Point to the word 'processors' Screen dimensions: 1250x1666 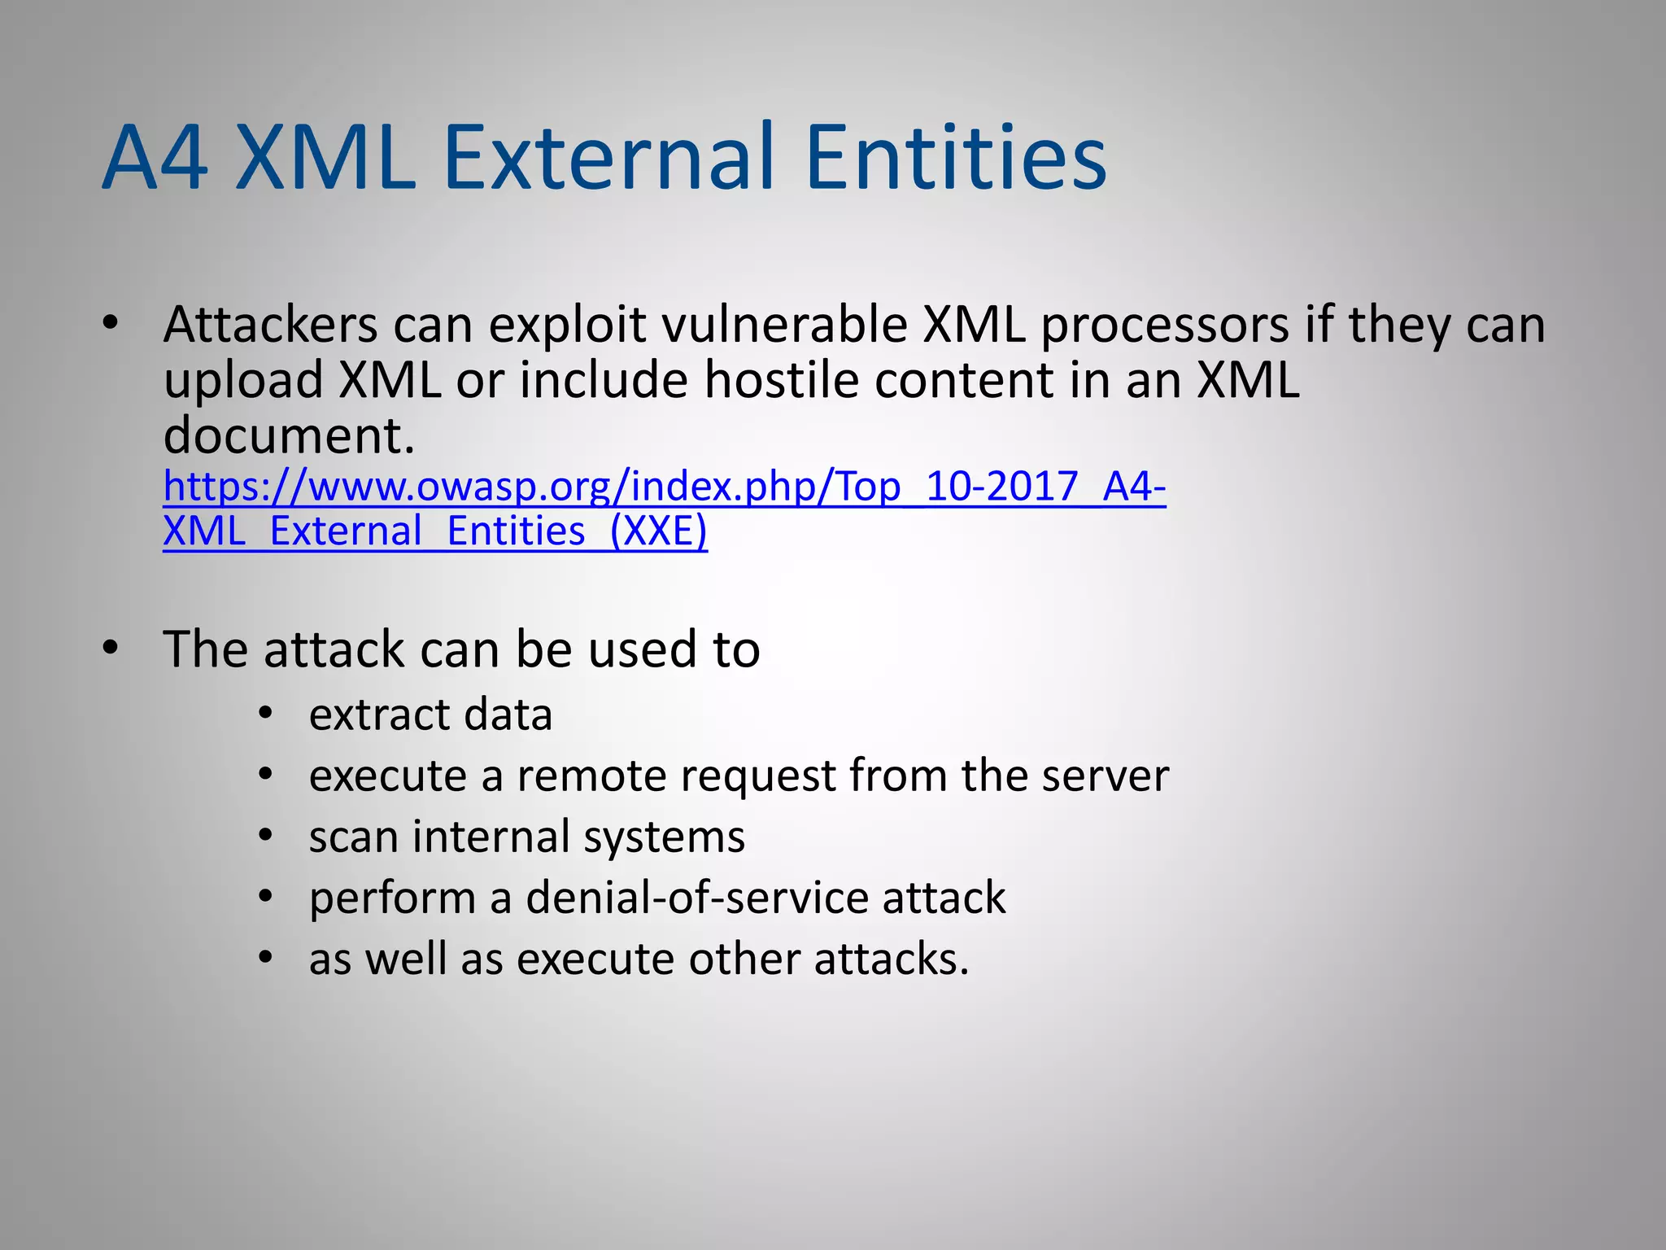click(x=1165, y=326)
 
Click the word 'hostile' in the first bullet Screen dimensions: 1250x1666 click(x=781, y=381)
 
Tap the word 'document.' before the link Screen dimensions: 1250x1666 click(x=289, y=435)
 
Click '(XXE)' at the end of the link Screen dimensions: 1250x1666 click(x=658, y=531)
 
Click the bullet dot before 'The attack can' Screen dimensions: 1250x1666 click(x=111, y=649)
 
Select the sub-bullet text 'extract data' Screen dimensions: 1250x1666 click(x=430, y=715)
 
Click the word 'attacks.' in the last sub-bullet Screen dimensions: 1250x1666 click(x=892, y=959)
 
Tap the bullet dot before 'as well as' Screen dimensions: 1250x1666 click(x=265, y=958)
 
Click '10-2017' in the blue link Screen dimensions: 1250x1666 click(x=1001, y=487)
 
